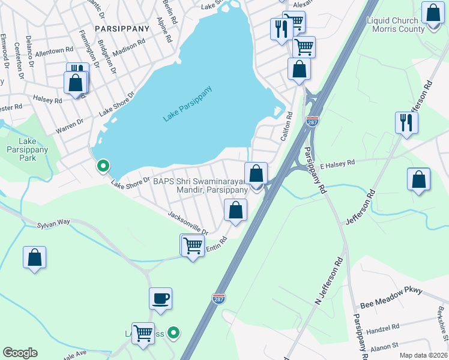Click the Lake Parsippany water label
[188, 105]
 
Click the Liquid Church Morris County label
[395, 25]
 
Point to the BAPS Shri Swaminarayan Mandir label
[200, 185]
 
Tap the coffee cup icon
[161, 298]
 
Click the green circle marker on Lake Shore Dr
[103, 165]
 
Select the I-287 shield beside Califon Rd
[312, 121]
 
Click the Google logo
[20, 353]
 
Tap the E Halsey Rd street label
[337, 162]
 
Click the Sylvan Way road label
[53, 223]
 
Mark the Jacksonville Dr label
[188, 223]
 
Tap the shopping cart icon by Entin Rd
[192, 245]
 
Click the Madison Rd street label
[128, 47]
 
